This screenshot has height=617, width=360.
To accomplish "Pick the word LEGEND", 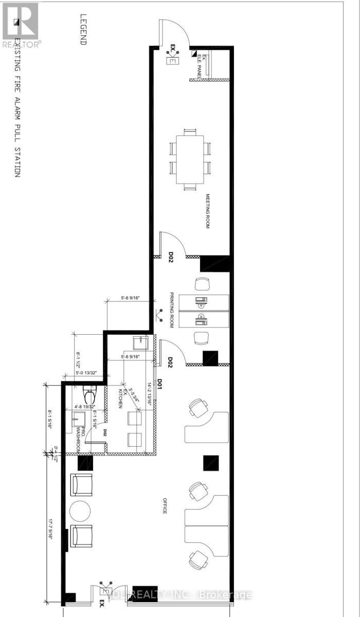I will (x=83, y=31).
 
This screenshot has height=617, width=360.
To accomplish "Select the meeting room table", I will (x=190, y=160).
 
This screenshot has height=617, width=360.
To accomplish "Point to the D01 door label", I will (x=160, y=384).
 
